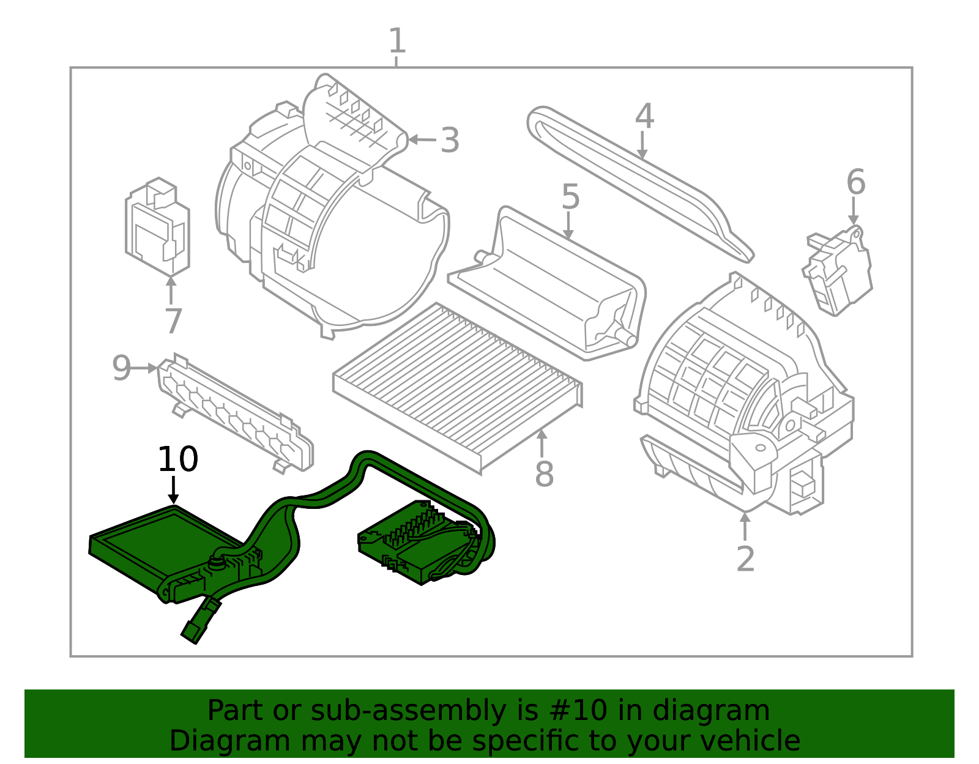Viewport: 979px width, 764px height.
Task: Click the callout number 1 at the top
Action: [397, 42]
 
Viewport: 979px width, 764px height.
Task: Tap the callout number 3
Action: [450, 141]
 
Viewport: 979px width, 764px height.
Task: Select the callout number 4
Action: [644, 116]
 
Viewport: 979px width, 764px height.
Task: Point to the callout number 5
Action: [570, 197]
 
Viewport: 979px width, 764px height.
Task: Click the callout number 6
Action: [855, 182]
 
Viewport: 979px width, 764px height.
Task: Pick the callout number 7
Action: [173, 321]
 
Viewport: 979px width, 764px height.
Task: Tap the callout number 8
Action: [544, 474]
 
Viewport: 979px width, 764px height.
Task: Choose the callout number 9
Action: [121, 368]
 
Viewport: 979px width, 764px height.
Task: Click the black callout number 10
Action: [177, 459]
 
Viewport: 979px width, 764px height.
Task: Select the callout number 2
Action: [745, 558]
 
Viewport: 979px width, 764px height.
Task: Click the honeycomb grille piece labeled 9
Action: [236, 413]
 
